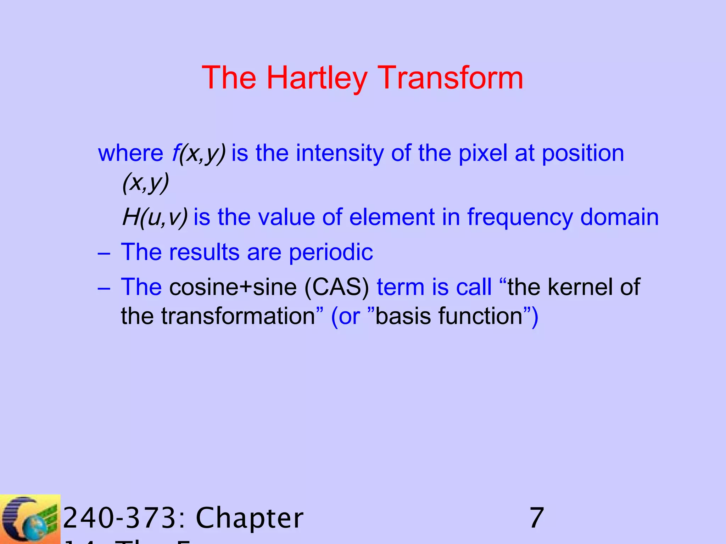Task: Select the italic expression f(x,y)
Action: [x=199, y=153]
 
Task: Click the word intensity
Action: [x=340, y=153]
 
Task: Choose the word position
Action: [x=583, y=153]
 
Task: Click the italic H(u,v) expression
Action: [x=155, y=217]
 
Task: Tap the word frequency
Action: [x=519, y=217]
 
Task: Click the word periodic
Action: [x=331, y=252]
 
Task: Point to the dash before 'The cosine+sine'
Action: [x=104, y=288]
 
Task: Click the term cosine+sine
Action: [x=233, y=287]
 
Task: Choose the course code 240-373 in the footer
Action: [x=124, y=518]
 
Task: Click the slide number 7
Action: [x=536, y=518]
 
